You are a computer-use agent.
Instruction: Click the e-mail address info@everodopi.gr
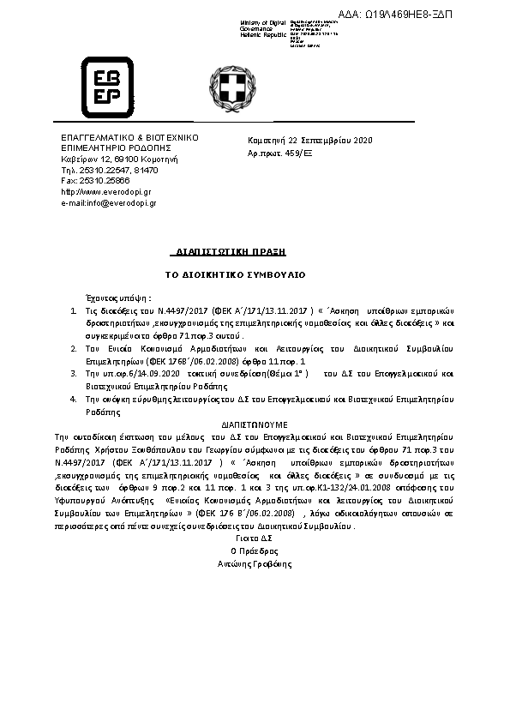(x=108, y=202)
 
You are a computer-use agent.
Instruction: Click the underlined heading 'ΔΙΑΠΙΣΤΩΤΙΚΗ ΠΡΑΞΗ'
(x=229, y=252)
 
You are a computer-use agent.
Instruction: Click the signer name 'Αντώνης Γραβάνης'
(x=255, y=564)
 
